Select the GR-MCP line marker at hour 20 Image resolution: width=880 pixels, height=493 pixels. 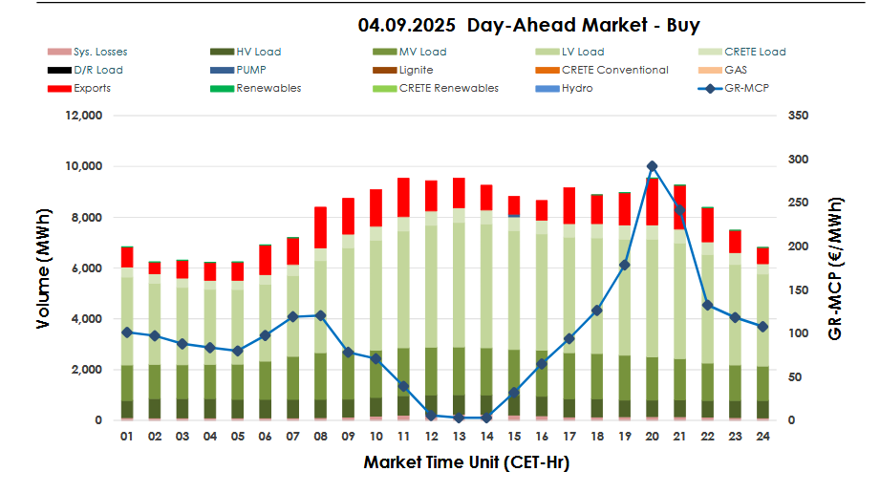[x=652, y=166]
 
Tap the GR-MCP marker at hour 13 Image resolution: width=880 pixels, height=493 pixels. [x=459, y=418]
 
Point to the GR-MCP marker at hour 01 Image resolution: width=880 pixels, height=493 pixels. [x=126, y=332]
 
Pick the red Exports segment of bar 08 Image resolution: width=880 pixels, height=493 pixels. [x=320, y=226]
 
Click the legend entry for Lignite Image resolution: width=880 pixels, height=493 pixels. [x=414, y=70]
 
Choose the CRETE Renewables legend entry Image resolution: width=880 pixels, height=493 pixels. [x=448, y=88]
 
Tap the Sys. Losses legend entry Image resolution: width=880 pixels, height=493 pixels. [x=99, y=52]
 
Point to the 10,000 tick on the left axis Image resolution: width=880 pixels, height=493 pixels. [x=82, y=166]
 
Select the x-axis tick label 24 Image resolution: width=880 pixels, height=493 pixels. [x=762, y=437]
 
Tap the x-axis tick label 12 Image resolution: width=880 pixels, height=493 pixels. [x=431, y=437]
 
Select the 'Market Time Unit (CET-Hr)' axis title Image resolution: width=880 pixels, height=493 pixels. [x=466, y=462]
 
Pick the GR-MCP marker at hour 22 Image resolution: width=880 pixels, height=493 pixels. [x=707, y=305]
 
